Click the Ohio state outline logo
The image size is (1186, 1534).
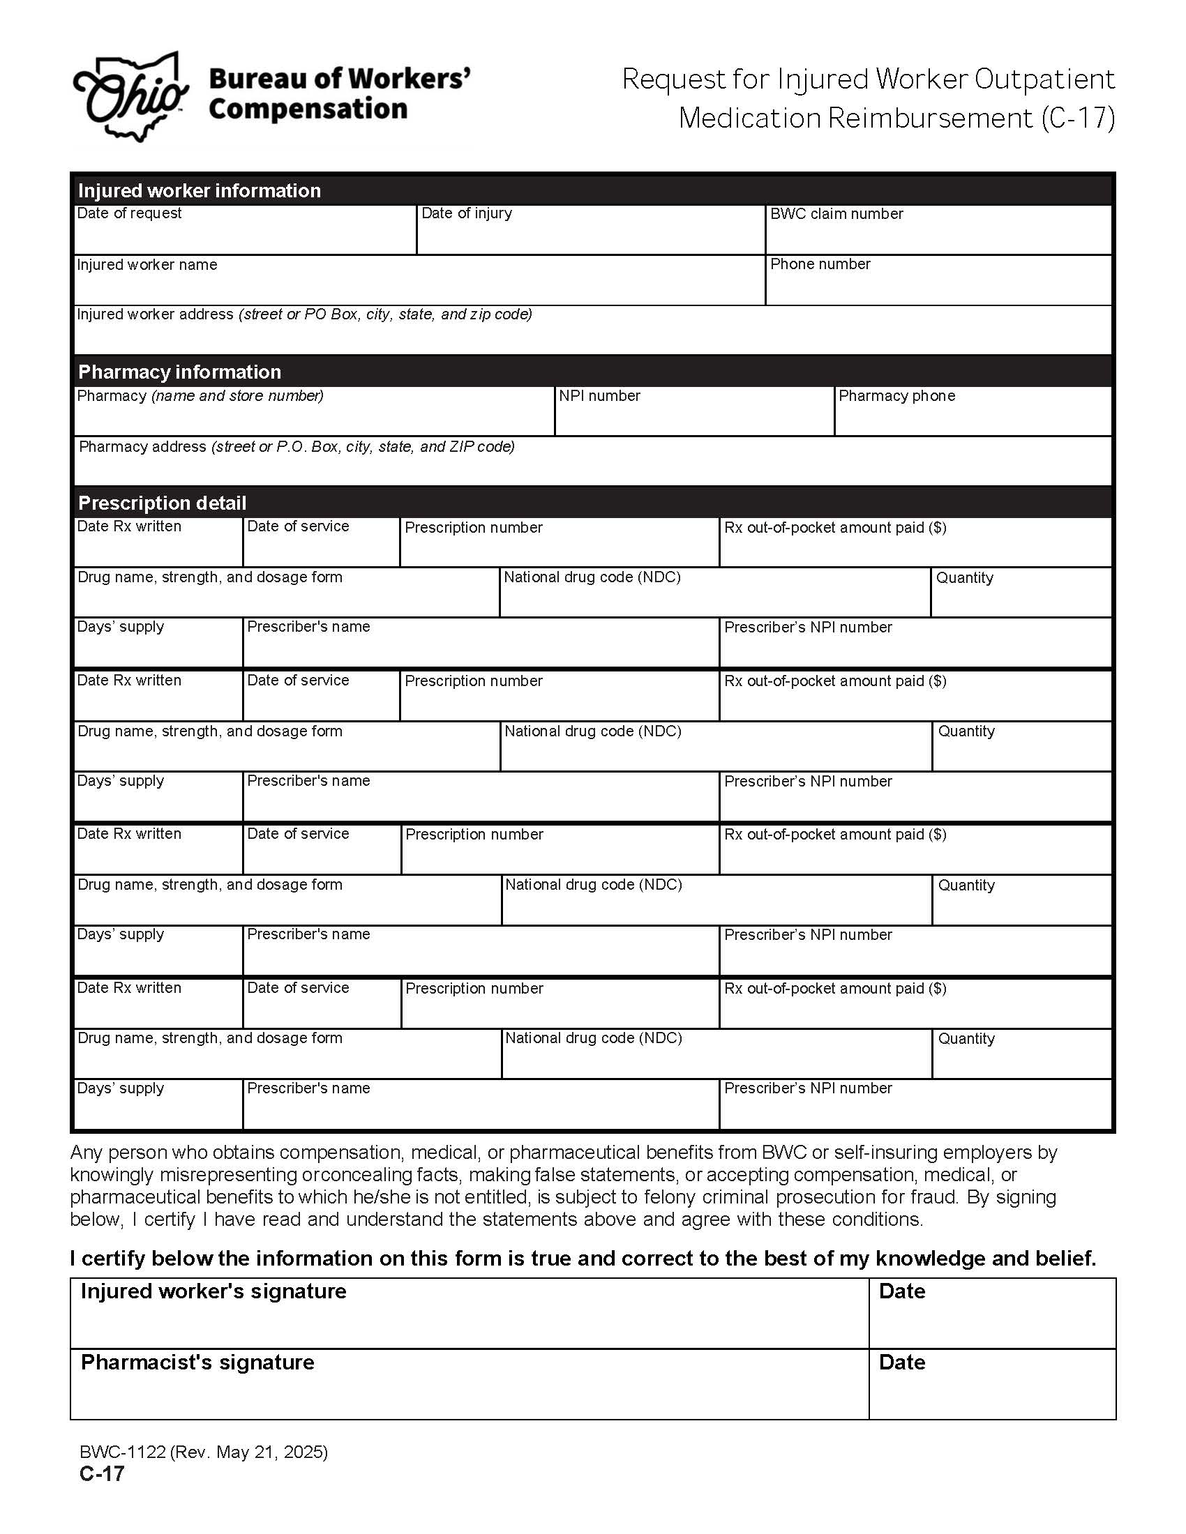click(130, 96)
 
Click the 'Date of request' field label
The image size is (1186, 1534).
click(128, 213)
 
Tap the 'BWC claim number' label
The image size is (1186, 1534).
click(836, 214)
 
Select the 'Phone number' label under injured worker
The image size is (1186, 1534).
click(819, 264)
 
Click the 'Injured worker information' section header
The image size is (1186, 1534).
click(199, 190)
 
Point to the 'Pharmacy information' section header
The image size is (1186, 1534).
click(179, 372)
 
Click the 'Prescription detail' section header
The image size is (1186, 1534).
click(162, 503)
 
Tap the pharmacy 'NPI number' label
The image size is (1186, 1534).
click(599, 396)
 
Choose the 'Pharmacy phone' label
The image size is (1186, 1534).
click(896, 396)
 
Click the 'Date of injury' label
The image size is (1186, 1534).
click(466, 213)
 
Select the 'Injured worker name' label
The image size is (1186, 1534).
click(146, 265)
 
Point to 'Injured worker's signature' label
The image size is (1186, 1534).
click(213, 1291)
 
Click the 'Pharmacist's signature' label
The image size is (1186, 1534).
click(197, 1362)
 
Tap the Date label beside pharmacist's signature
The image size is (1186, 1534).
click(901, 1362)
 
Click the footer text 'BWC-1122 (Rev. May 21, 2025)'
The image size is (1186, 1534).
click(204, 1452)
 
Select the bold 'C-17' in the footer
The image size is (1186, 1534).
click(102, 1473)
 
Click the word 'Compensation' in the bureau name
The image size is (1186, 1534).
click(308, 109)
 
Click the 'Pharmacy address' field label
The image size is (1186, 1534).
click(142, 447)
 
